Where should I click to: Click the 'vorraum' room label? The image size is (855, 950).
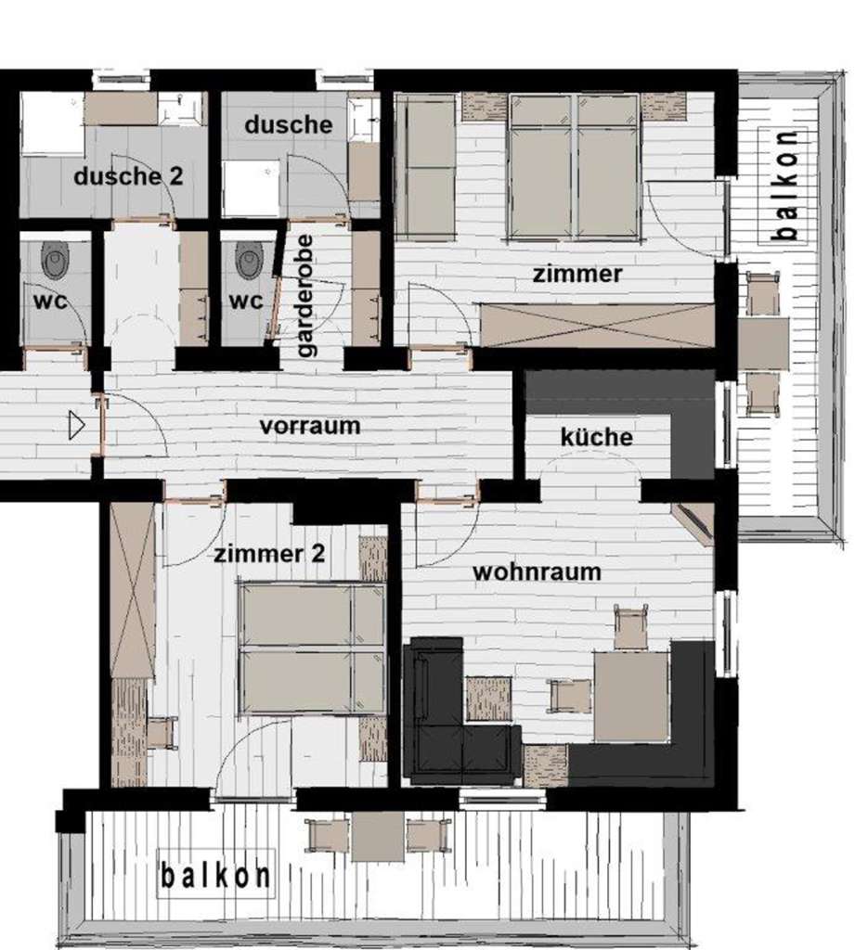click(x=310, y=426)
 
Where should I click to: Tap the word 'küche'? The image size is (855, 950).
click(x=597, y=437)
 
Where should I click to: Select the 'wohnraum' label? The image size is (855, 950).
click(x=537, y=571)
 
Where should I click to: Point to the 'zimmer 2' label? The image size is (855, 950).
click(x=269, y=554)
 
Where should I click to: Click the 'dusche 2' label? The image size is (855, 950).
click(x=128, y=176)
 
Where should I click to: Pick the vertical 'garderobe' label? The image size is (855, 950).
click(x=307, y=296)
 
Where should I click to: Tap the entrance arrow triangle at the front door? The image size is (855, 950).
click(x=76, y=425)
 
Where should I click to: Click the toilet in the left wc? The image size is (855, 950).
click(x=56, y=260)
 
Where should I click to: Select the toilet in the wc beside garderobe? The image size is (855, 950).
click(x=249, y=260)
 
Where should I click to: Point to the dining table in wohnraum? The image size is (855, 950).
click(x=630, y=696)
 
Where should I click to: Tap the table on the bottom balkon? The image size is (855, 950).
click(x=378, y=836)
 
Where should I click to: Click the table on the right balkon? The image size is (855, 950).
click(x=763, y=344)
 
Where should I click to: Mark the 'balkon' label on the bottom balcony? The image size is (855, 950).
click(x=215, y=876)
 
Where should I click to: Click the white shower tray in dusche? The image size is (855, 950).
click(x=251, y=187)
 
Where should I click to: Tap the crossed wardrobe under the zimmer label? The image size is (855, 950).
click(x=597, y=326)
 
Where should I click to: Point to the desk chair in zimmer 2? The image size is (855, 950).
click(x=161, y=732)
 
